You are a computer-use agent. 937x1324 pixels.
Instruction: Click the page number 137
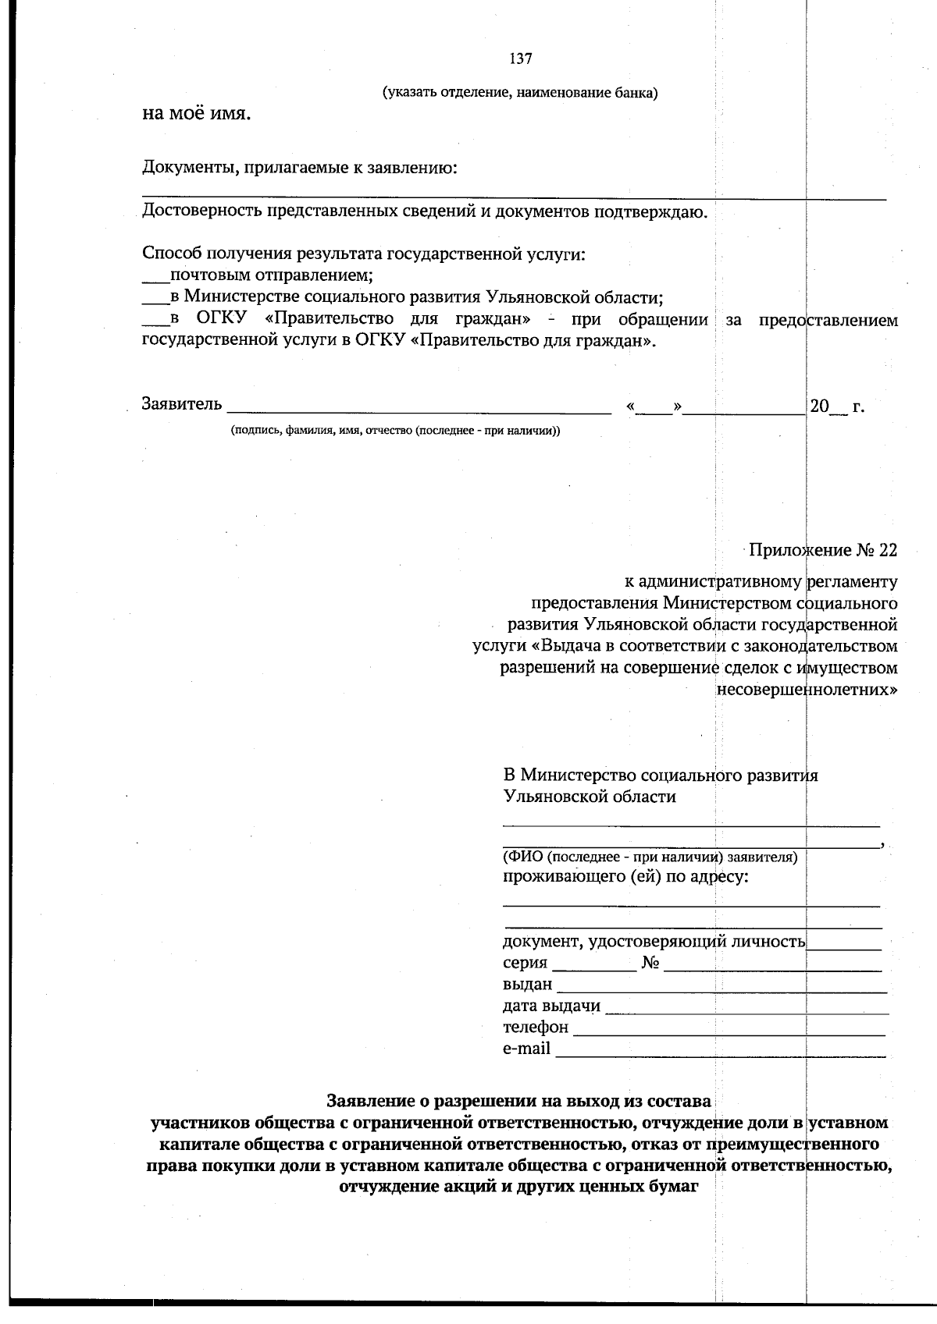click(521, 59)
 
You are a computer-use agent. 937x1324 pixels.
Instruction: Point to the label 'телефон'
click(536, 1027)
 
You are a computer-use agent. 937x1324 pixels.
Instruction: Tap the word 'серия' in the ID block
click(525, 963)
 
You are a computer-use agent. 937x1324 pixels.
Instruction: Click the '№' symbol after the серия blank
click(651, 964)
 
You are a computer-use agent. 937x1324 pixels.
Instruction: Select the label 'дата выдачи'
click(551, 1006)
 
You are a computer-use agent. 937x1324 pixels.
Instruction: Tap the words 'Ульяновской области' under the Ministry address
click(590, 797)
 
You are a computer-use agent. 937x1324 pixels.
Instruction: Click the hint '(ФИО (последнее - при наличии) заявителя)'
click(650, 857)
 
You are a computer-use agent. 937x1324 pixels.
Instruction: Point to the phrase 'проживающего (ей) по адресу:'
click(625, 877)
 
